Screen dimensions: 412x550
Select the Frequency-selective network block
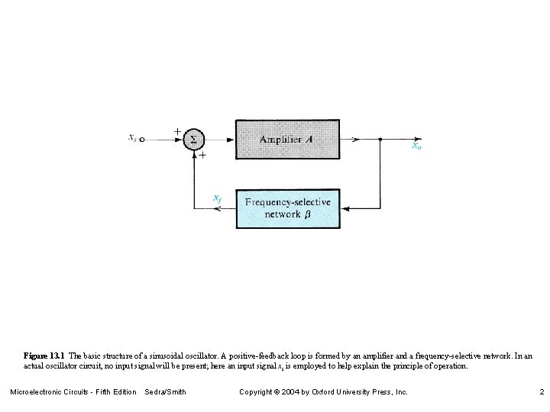(287, 208)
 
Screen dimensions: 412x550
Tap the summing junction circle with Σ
(193, 140)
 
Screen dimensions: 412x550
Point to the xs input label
(132, 138)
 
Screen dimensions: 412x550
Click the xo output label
(416, 146)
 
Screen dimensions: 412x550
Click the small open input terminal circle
(142, 140)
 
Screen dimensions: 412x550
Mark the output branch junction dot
(380, 140)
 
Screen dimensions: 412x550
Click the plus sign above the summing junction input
(177, 131)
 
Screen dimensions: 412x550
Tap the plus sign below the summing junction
(202, 155)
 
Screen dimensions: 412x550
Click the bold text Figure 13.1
(44, 356)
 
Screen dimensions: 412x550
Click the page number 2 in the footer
(541, 391)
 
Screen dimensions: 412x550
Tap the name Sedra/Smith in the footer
(166, 391)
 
